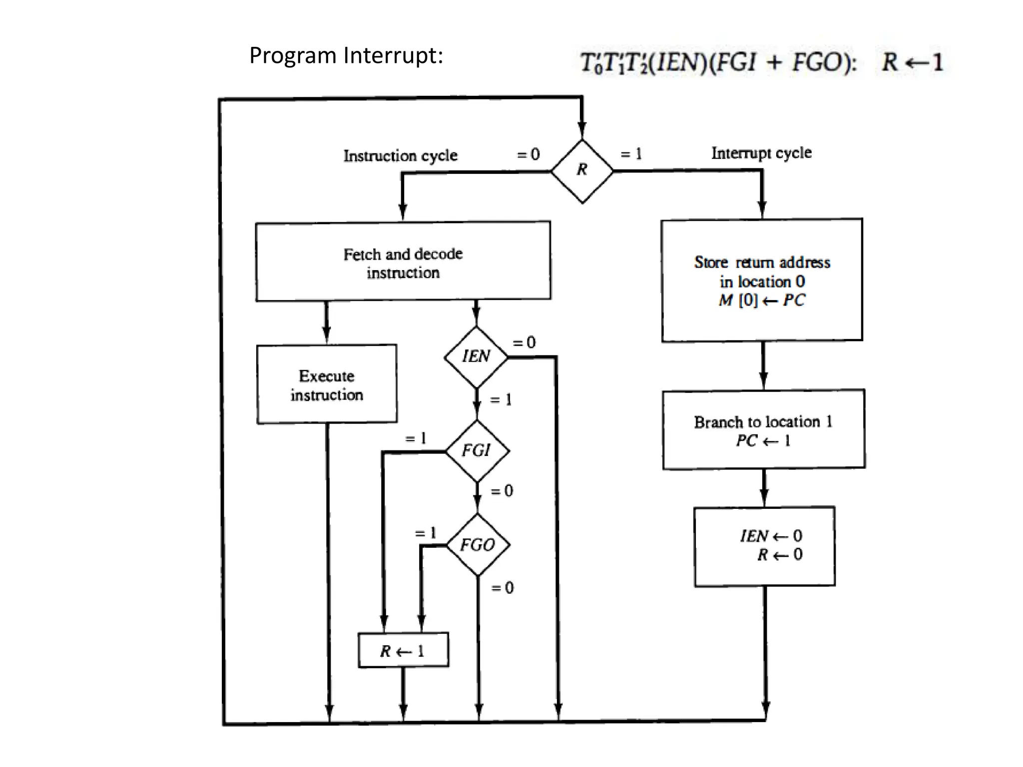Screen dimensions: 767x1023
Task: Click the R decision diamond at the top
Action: pos(582,171)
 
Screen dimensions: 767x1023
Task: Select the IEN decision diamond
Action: pos(476,357)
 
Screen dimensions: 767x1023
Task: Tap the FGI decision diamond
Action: pos(477,451)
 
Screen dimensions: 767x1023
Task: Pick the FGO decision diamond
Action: pos(478,545)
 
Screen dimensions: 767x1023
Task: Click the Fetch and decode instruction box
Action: pos(403,262)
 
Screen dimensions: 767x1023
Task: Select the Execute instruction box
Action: pos(327,384)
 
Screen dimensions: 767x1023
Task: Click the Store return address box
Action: pos(762,280)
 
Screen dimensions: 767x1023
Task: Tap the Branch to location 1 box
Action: pos(764,430)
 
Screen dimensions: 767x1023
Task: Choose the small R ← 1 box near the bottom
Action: pos(403,650)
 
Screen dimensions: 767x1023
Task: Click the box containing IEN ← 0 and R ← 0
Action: pos(764,546)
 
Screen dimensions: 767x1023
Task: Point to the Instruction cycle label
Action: pos(400,156)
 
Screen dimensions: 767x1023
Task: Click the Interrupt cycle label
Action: pos(761,153)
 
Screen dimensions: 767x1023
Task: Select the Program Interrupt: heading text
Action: pos(346,55)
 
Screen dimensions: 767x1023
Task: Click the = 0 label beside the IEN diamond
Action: pos(524,343)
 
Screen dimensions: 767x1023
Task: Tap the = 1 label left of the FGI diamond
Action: pos(416,439)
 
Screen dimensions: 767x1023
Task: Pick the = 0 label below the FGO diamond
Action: pos(502,588)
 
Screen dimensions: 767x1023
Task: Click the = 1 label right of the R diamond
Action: pos(631,154)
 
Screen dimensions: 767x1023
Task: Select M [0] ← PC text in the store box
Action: pos(762,300)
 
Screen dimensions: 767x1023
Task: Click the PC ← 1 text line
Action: pos(763,441)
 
